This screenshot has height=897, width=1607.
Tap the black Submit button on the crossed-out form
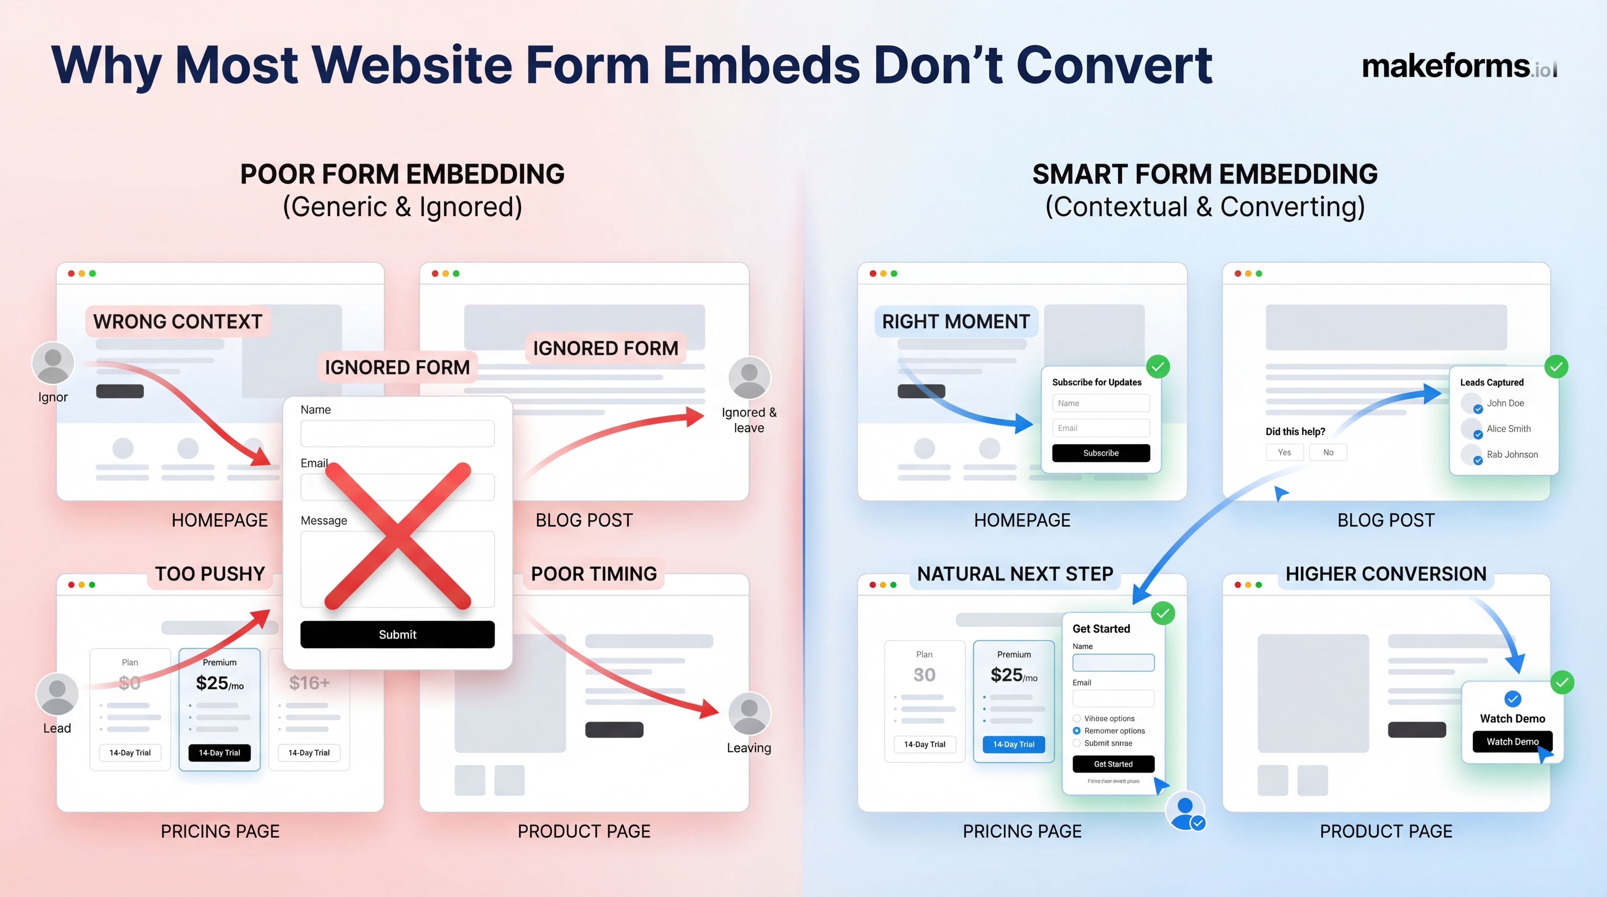(x=397, y=634)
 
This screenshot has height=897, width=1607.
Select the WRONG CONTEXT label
(x=178, y=321)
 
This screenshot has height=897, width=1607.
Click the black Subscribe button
(x=1100, y=453)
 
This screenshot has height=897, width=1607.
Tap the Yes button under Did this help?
(x=1284, y=452)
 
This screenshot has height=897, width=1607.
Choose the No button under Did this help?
(x=1328, y=452)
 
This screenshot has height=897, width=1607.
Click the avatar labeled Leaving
(x=749, y=713)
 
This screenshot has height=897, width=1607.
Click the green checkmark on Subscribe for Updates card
(x=1158, y=367)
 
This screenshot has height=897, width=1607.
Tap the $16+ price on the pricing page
(x=309, y=683)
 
